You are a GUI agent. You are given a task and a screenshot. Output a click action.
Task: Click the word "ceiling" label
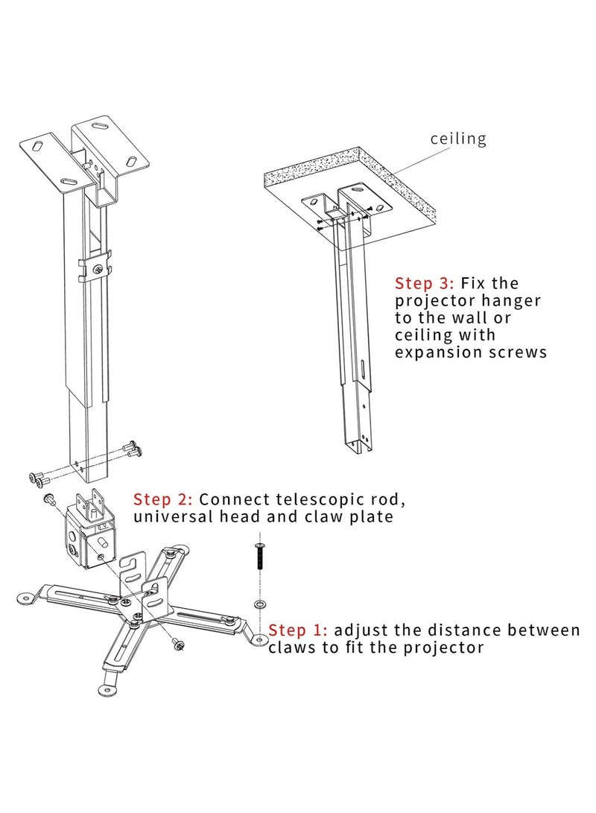click(458, 139)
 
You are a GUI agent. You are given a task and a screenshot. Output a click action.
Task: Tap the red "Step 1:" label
click(295, 630)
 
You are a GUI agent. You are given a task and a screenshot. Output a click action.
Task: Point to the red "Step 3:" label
click(425, 283)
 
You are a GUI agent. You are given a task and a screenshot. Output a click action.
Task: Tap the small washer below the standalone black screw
click(259, 602)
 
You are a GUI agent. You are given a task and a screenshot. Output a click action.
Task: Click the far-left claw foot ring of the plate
click(28, 597)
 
